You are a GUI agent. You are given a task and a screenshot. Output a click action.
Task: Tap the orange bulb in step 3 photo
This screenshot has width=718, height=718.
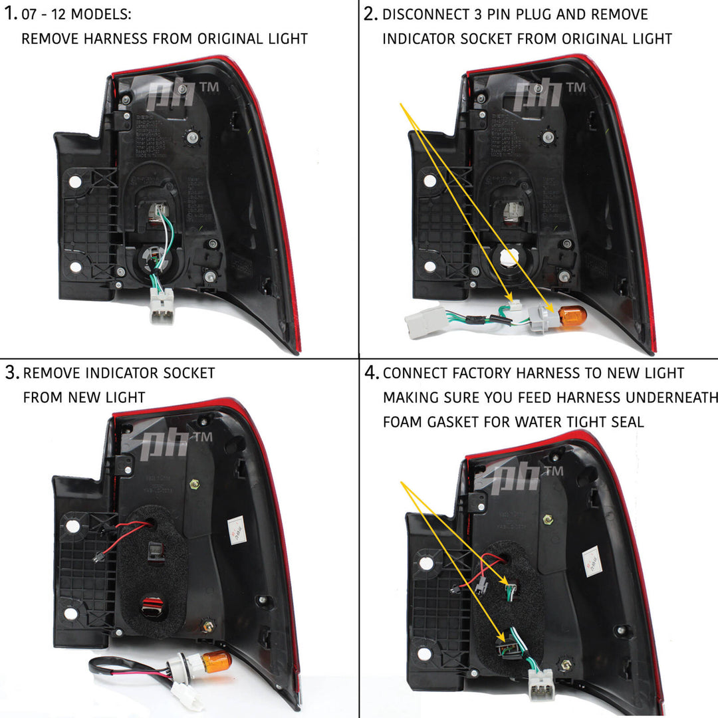pos(216,662)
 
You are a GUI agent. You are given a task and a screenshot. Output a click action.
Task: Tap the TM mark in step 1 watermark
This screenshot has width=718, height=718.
pos(209,87)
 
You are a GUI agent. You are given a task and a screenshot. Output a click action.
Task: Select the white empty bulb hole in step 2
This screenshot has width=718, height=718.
pos(509,257)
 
